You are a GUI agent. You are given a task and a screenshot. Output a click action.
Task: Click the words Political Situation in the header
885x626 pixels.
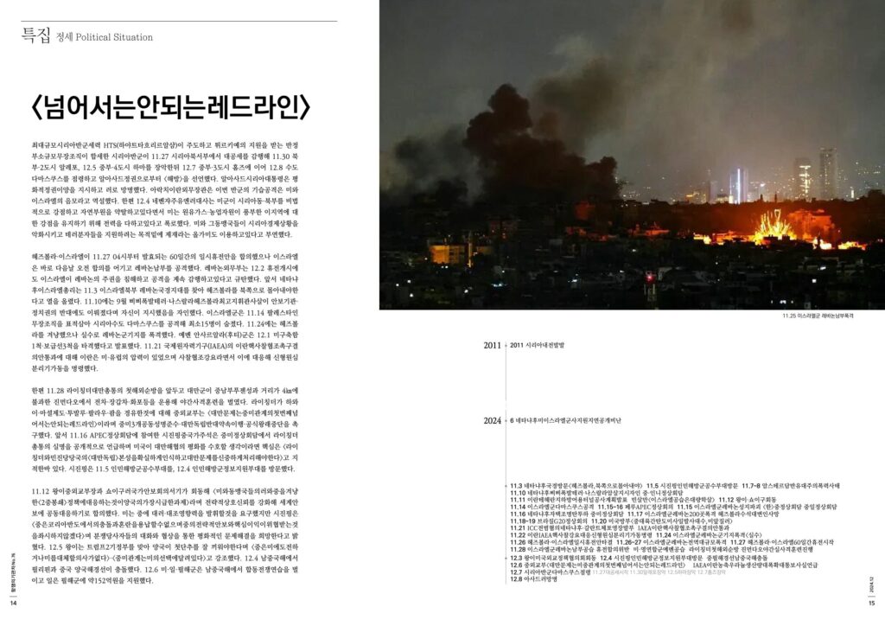point(113,37)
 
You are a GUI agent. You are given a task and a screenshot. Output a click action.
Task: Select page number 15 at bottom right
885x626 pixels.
point(871,603)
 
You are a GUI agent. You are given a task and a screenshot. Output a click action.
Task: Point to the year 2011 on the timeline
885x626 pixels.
point(492,345)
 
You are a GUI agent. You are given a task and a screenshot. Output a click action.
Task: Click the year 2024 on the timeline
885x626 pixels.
point(492,420)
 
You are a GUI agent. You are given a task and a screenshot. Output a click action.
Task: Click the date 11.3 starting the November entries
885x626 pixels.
point(517,486)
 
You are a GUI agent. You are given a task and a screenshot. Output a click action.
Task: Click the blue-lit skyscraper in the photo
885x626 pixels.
point(738,185)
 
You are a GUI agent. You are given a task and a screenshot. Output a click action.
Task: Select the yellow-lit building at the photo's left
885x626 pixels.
point(450,253)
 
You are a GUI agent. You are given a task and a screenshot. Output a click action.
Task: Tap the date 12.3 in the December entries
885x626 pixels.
point(517,558)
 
